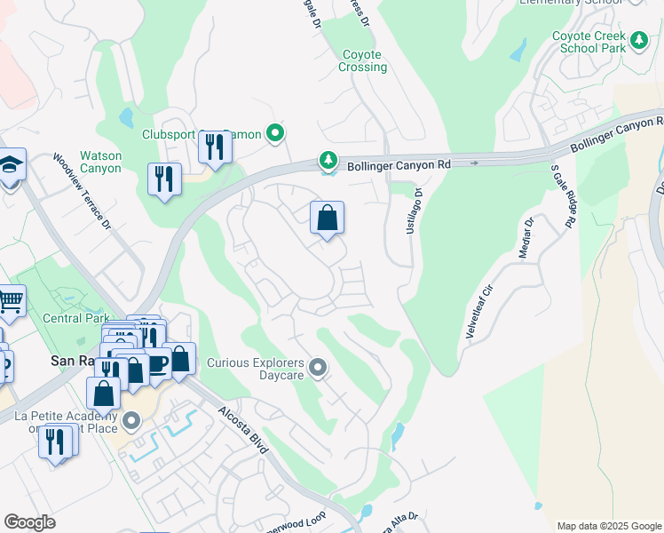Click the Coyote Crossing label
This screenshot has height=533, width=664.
coord(364,61)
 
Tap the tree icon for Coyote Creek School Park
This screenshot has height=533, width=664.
coord(638,39)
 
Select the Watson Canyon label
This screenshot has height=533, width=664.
coord(100,162)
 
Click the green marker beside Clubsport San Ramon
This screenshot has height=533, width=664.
coord(275,134)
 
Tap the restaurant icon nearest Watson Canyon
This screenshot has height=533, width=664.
coord(164,179)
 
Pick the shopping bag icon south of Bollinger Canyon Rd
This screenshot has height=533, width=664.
coord(327,218)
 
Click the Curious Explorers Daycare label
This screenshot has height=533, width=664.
coord(256,369)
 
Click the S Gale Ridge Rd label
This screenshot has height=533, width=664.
coord(561,193)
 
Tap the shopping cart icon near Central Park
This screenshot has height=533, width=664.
coord(10,301)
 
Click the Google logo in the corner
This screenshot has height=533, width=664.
coord(29,521)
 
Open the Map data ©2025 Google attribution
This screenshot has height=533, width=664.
coord(608,526)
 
